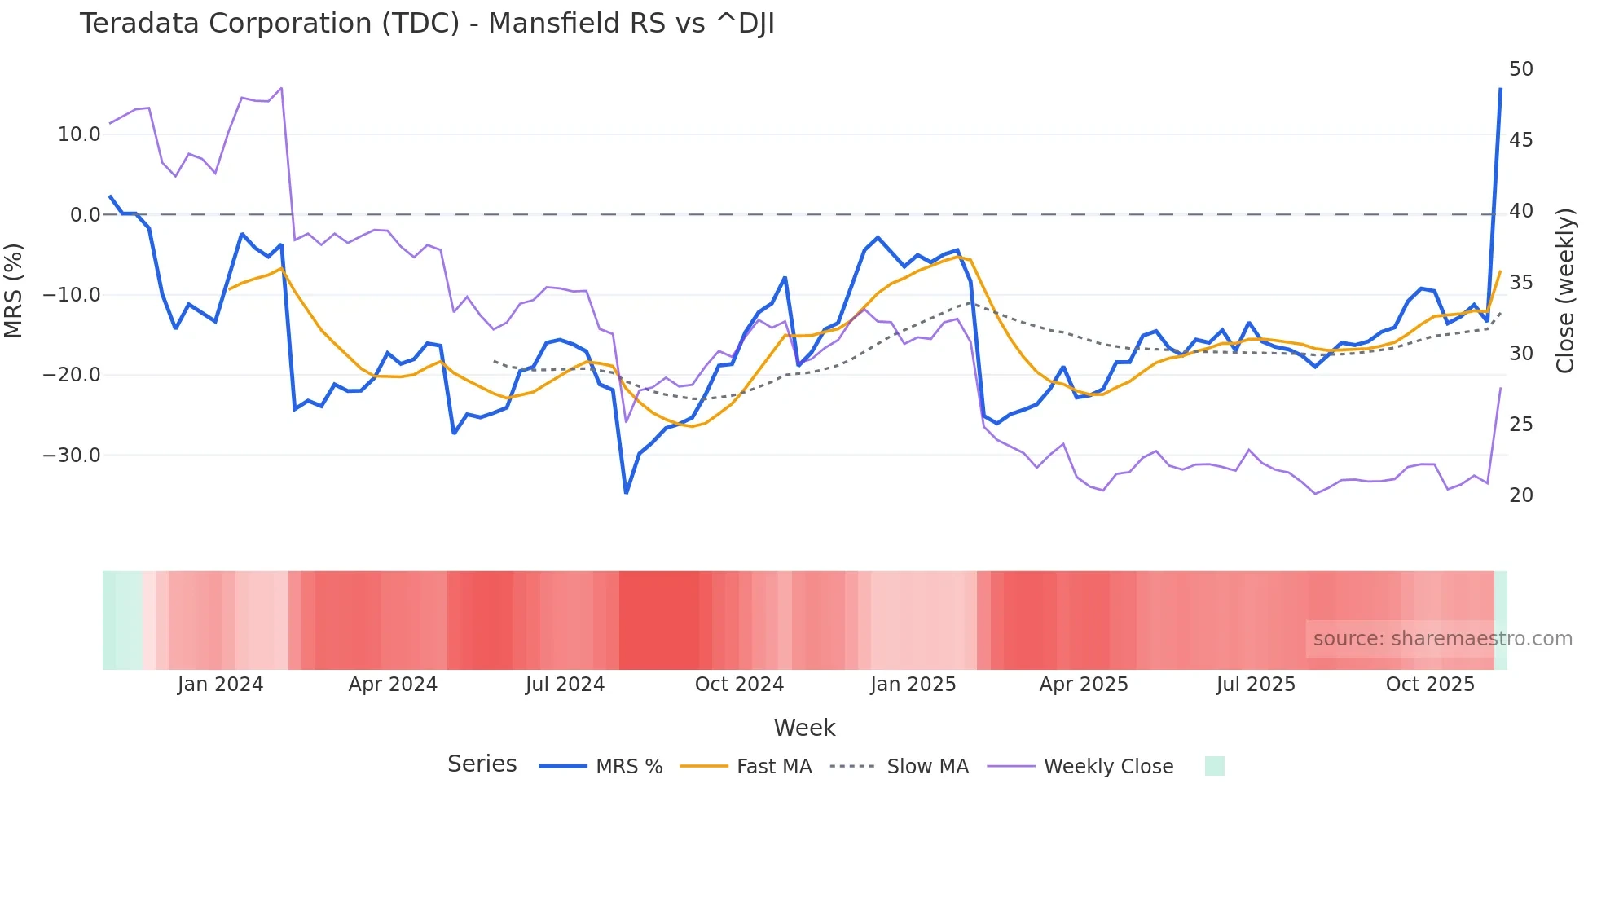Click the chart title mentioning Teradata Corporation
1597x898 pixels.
click(426, 24)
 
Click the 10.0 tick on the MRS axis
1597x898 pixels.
click(79, 134)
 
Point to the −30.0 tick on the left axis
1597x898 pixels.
click(73, 456)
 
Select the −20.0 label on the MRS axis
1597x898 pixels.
click(73, 375)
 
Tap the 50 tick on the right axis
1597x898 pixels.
click(1520, 69)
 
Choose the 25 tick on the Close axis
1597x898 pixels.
click(1520, 425)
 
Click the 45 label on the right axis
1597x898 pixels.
click(1520, 140)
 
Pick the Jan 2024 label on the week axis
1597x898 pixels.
click(220, 685)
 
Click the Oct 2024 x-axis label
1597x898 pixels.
click(739, 685)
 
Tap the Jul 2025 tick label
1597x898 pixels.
click(1256, 685)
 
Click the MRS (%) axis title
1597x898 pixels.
click(14, 290)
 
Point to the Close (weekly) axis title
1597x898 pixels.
click(1565, 291)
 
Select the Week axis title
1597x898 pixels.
click(804, 728)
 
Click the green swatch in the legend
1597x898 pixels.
click(1214, 766)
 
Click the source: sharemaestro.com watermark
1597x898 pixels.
click(1442, 639)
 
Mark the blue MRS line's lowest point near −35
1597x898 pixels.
click(626, 492)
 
